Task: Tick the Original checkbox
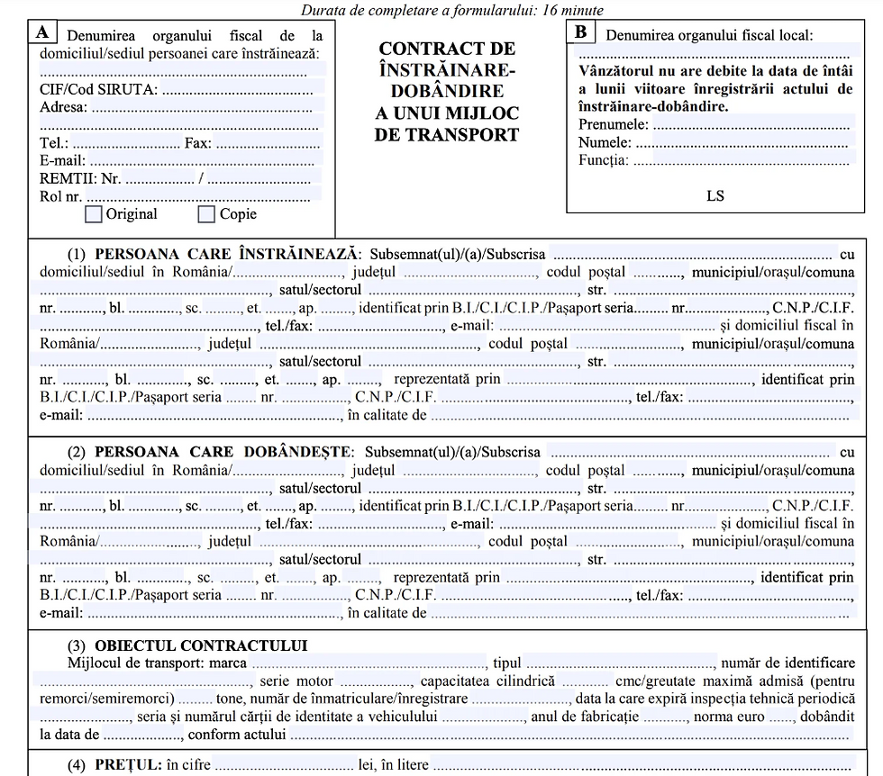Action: click(x=93, y=214)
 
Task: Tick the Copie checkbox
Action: click(x=206, y=214)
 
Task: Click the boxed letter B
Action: click(x=581, y=32)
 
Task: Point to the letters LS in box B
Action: click(x=715, y=195)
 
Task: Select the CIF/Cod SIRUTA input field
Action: click(x=241, y=88)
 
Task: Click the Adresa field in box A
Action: click(x=205, y=107)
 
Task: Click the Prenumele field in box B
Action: click(x=751, y=124)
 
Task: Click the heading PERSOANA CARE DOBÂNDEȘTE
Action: click(x=225, y=451)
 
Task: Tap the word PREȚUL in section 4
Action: click(x=128, y=764)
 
